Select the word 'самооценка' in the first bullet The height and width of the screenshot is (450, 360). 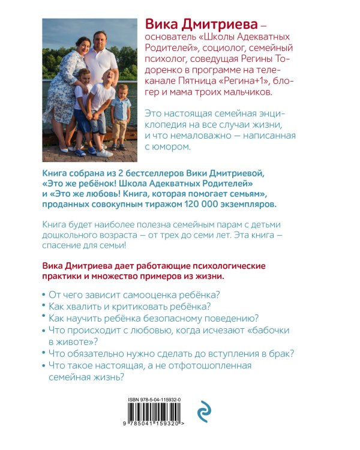139,294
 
